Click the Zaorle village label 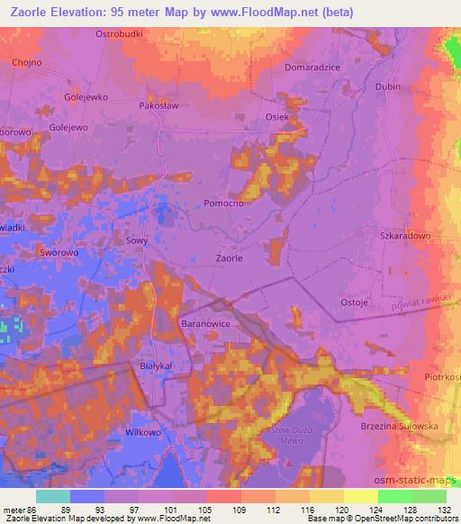click(229, 257)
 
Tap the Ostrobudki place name click(121, 33)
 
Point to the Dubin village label click(389, 87)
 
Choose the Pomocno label click(224, 203)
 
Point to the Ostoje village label click(354, 303)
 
